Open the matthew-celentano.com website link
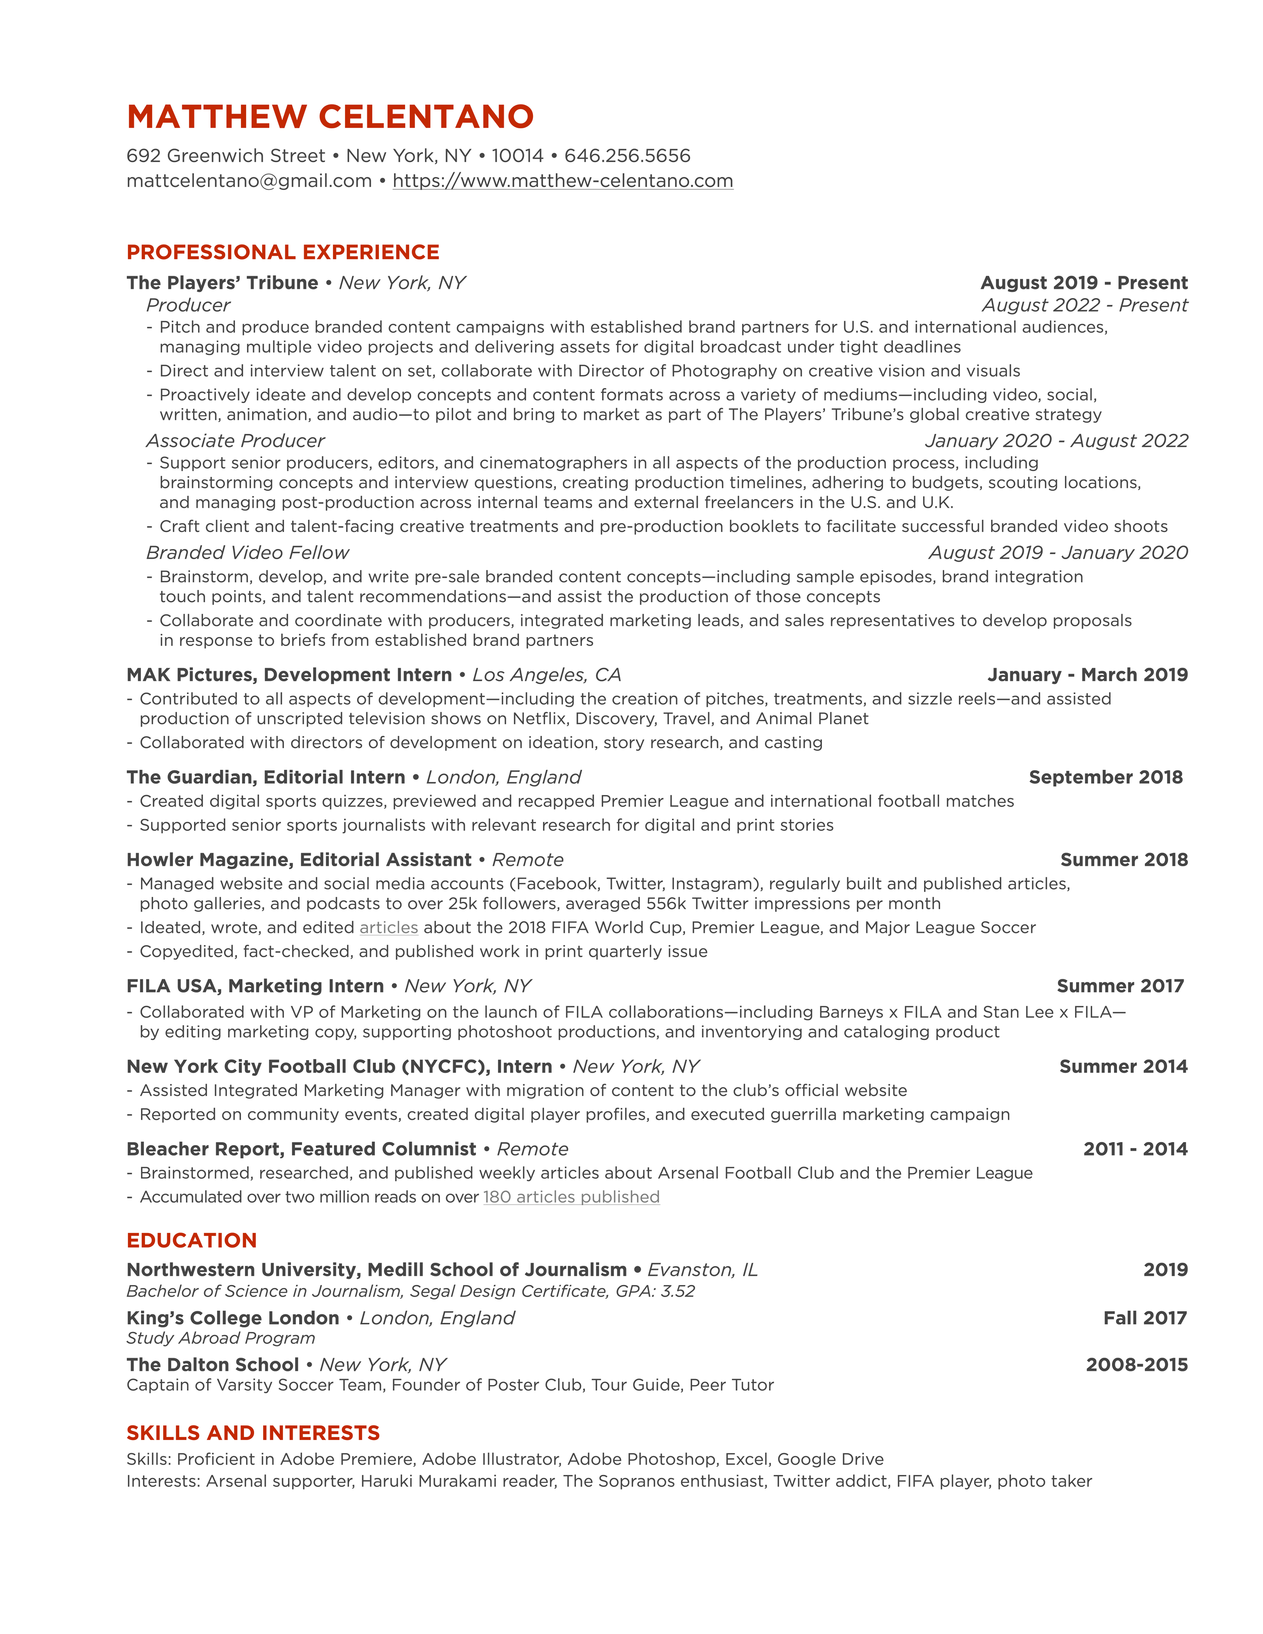563,181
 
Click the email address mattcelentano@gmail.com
249,181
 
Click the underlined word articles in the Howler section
388,928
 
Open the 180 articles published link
571,1197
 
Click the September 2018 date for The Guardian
1105,777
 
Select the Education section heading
191,1241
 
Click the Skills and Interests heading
253,1433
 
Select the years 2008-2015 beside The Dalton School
1137,1365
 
